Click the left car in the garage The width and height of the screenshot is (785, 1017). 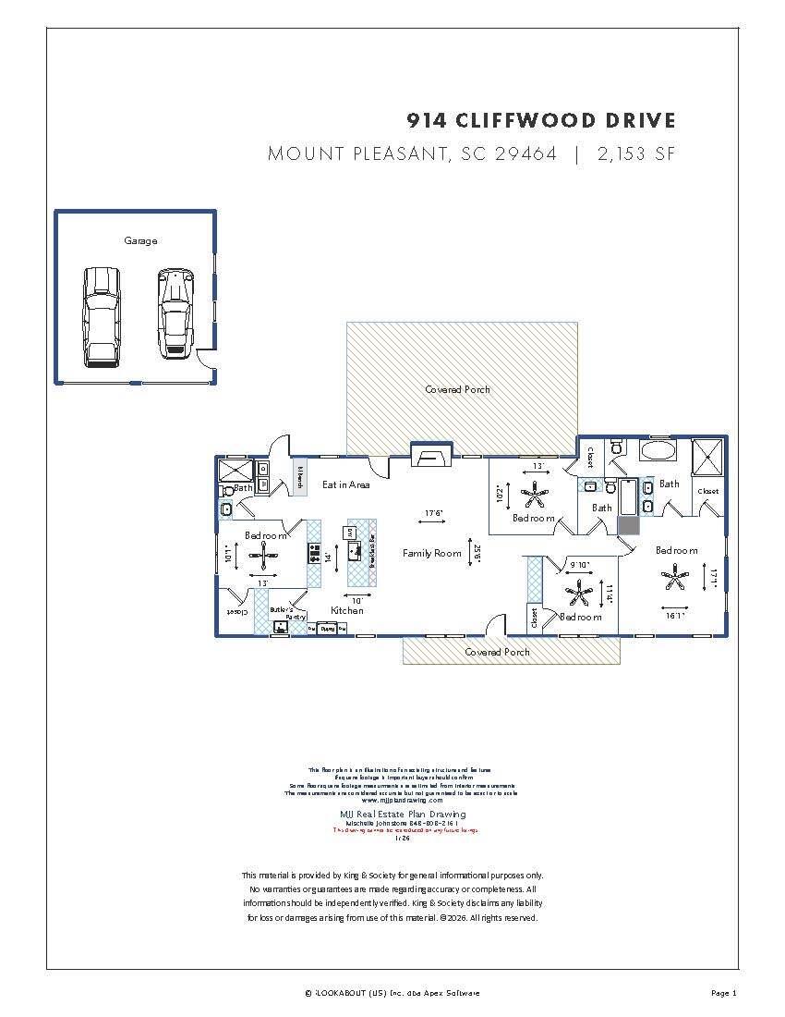pyautogui.click(x=102, y=317)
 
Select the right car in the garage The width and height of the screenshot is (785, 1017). pyautogui.click(x=175, y=314)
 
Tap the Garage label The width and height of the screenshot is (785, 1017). pyautogui.click(x=140, y=240)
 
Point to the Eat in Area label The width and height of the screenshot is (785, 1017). pyautogui.click(x=346, y=484)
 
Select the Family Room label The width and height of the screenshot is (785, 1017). pyautogui.click(x=431, y=553)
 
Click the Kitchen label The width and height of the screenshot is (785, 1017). pyautogui.click(x=347, y=610)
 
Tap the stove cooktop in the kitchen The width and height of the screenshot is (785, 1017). pyautogui.click(x=314, y=553)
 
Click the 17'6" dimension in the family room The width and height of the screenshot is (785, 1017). pyautogui.click(x=434, y=513)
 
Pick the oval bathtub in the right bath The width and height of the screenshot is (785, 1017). pyautogui.click(x=658, y=452)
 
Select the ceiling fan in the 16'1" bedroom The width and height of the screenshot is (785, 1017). pyautogui.click(x=675, y=580)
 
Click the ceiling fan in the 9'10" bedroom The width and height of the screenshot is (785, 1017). pyautogui.click(x=579, y=591)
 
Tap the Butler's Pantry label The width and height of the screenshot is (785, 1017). pyautogui.click(x=282, y=613)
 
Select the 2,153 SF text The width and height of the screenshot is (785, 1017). pyautogui.click(x=636, y=153)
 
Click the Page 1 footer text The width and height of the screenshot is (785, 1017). pyautogui.click(x=724, y=993)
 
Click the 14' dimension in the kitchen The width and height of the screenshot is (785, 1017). pyautogui.click(x=326, y=557)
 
